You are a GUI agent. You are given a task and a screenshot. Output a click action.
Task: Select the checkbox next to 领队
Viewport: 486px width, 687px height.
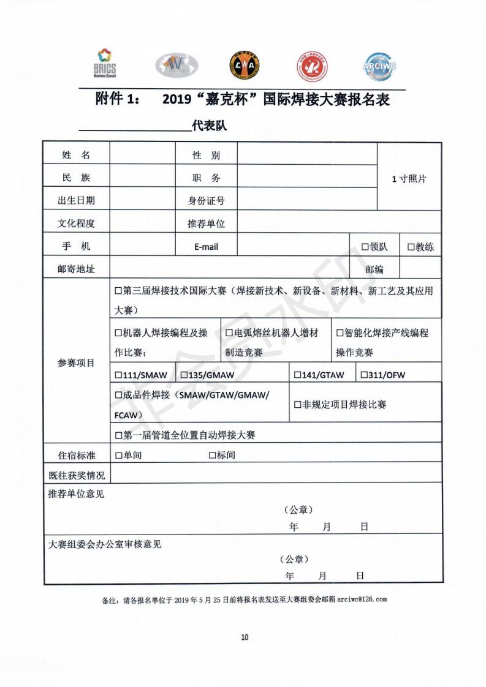pyautogui.click(x=365, y=247)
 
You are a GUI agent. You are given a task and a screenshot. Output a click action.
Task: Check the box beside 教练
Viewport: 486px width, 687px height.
pyautogui.click(x=411, y=247)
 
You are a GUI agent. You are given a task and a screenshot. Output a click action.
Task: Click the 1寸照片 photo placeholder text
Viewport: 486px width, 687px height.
pyautogui.click(x=409, y=179)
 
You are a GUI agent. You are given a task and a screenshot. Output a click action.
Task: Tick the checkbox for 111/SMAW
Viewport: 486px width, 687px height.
pyautogui.click(x=118, y=375)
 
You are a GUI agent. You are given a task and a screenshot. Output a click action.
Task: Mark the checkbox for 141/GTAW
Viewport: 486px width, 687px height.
pyautogui.click(x=297, y=375)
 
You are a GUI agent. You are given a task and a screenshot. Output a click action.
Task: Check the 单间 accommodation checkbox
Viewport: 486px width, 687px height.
pyautogui.click(x=118, y=455)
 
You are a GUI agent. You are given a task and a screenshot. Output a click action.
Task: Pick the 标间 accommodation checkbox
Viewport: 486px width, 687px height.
pyautogui.click(x=212, y=455)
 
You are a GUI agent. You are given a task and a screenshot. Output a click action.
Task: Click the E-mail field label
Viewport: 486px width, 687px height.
pyautogui.click(x=206, y=247)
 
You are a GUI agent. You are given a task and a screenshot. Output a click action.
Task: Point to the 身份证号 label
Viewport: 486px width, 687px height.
pyautogui.click(x=206, y=200)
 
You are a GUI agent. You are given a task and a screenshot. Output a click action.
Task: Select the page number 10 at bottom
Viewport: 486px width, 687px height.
pyautogui.click(x=245, y=637)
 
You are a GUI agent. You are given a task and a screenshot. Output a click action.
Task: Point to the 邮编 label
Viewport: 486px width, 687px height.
pyautogui.click(x=374, y=269)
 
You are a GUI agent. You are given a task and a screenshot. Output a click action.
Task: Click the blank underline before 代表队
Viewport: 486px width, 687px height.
pyautogui.click(x=134, y=127)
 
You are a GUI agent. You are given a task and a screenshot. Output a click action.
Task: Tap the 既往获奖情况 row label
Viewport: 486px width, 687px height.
pyautogui.click(x=76, y=475)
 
